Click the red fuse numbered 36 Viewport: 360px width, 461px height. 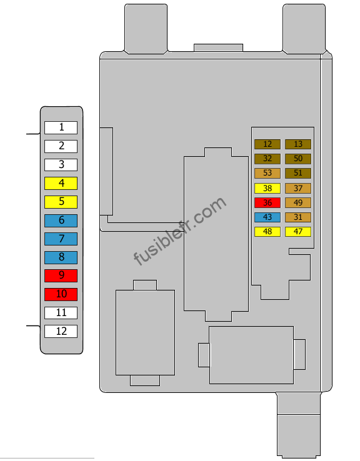(x=267, y=202)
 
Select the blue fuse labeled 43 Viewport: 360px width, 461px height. (x=267, y=217)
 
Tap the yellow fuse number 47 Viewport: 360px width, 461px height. (x=298, y=231)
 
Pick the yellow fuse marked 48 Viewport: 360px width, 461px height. (x=267, y=231)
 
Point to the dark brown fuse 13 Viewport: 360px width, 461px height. (x=298, y=144)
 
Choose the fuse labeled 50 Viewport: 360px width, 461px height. (x=298, y=159)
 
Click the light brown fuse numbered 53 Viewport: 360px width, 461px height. (x=267, y=173)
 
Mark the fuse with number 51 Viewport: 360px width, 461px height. (x=298, y=173)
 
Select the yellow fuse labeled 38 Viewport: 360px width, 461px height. (x=267, y=188)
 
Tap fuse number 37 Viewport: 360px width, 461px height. (x=298, y=188)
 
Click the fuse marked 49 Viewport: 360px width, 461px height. (x=298, y=202)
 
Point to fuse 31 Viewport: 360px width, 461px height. (x=298, y=217)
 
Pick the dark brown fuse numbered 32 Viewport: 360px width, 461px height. (x=267, y=159)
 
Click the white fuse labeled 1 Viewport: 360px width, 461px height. (x=61, y=127)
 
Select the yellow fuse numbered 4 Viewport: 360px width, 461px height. (x=61, y=183)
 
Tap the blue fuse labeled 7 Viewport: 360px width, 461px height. (x=61, y=239)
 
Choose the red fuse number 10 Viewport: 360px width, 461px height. (x=61, y=294)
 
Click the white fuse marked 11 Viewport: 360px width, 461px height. (x=61, y=313)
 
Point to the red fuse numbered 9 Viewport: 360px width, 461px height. (x=61, y=275)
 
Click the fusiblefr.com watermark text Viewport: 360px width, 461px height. (x=180, y=230)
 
